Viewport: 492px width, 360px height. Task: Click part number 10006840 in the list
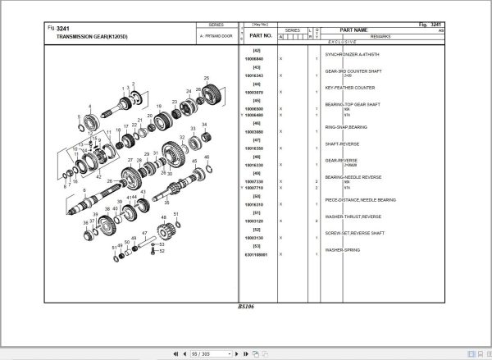tap(254, 60)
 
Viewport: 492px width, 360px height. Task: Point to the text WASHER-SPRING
tap(344, 249)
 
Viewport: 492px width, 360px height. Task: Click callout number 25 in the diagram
tap(206, 78)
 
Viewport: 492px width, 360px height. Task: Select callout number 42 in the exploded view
tap(98, 176)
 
